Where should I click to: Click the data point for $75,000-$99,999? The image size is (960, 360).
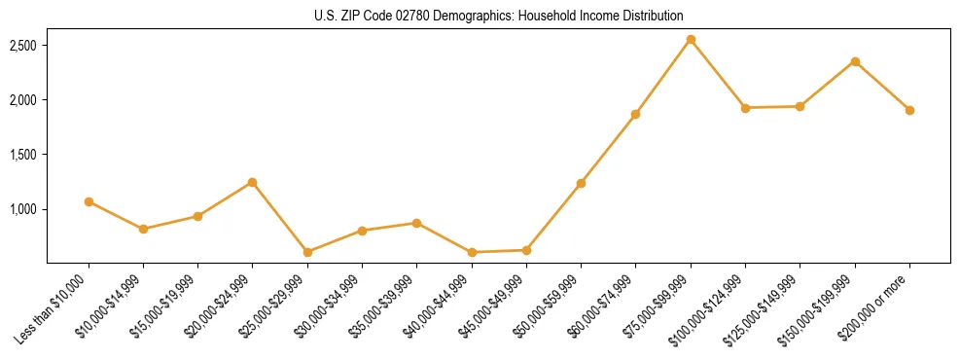[691, 40]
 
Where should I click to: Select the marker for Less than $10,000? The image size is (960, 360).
[89, 201]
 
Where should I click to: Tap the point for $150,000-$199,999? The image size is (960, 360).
[855, 61]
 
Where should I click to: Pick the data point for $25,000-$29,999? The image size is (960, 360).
[307, 252]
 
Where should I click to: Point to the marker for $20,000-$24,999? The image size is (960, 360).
[253, 182]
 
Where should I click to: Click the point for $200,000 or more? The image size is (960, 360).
[909, 110]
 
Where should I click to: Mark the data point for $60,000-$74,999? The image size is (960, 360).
[635, 114]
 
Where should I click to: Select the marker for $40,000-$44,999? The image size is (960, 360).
[472, 252]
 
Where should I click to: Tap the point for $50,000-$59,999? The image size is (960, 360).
[581, 183]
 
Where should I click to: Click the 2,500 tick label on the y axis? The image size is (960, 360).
[22, 46]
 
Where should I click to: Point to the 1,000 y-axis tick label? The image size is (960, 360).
[22, 209]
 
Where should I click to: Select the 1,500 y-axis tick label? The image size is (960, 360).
[22, 155]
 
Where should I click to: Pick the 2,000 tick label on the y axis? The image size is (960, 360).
[22, 100]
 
